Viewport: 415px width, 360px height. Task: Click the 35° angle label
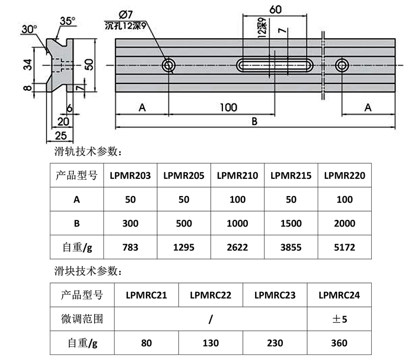[x=67, y=21]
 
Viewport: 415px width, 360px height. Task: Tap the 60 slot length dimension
[x=274, y=9]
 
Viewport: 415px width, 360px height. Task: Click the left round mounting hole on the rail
[x=169, y=66]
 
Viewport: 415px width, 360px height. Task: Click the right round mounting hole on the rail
[x=342, y=66]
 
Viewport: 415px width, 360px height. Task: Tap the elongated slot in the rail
[x=275, y=65]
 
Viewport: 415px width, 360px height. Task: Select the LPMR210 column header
[x=237, y=176]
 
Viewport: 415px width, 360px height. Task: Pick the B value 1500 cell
[x=290, y=223]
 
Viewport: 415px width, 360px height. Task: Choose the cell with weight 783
[x=131, y=247]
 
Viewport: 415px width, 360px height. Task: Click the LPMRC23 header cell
[x=274, y=295]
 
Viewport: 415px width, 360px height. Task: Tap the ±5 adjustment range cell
[x=339, y=319]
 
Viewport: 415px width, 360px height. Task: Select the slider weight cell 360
[x=339, y=343]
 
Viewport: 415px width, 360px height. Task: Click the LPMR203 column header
[x=131, y=176]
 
